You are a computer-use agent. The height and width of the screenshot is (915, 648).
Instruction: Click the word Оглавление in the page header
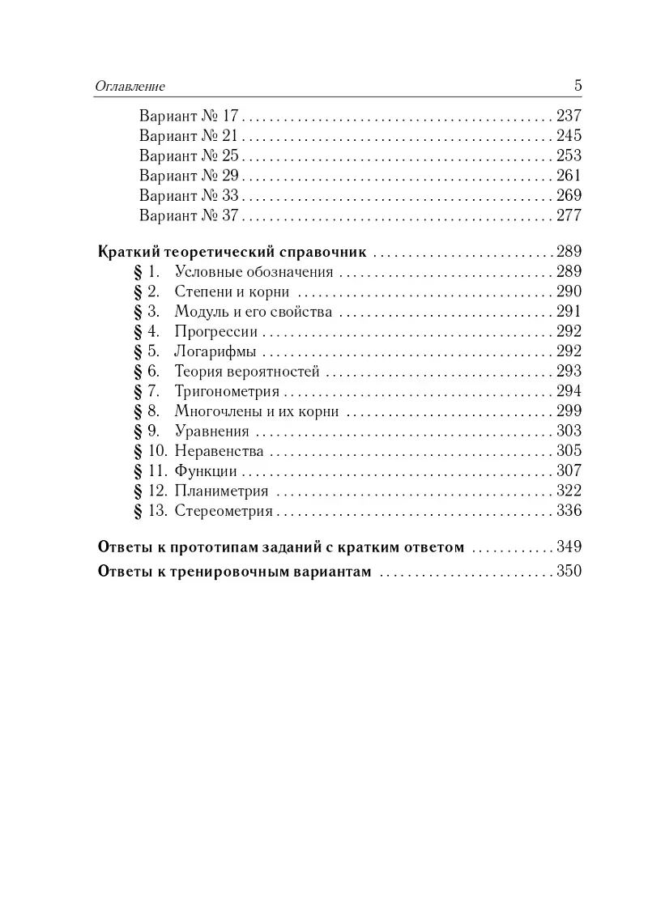(x=130, y=86)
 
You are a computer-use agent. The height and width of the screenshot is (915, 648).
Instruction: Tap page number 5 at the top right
(x=578, y=85)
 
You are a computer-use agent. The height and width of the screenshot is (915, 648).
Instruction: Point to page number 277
(x=569, y=215)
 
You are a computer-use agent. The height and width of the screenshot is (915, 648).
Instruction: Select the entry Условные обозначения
(x=253, y=271)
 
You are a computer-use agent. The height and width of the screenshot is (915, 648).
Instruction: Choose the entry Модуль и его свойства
(x=253, y=311)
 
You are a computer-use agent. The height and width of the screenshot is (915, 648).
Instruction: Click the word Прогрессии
(x=215, y=331)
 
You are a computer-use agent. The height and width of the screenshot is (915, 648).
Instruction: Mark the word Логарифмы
(x=215, y=351)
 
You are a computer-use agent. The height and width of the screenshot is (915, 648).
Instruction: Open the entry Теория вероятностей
(x=247, y=372)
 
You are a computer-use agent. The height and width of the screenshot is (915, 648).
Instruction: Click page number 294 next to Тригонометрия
(x=569, y=391)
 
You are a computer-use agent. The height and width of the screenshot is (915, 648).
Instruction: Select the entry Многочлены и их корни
(x=256, y=411)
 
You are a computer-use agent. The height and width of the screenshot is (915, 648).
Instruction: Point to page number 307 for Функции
(x=569, y=471)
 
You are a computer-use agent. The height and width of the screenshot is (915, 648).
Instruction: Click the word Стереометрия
(x=224, y=511)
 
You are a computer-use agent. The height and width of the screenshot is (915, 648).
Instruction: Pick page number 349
(x=569, y=547)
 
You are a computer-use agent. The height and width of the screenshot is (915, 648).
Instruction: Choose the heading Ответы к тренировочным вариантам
(x=233, y=572)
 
